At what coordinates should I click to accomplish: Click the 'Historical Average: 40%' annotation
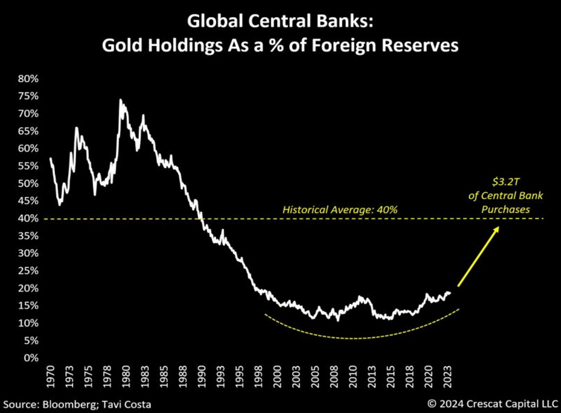click(340, 210)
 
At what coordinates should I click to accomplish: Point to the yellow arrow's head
click(497, 228)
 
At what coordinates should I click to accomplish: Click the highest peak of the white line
click(120, 100)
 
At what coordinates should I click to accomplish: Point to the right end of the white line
click(451, 293)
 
